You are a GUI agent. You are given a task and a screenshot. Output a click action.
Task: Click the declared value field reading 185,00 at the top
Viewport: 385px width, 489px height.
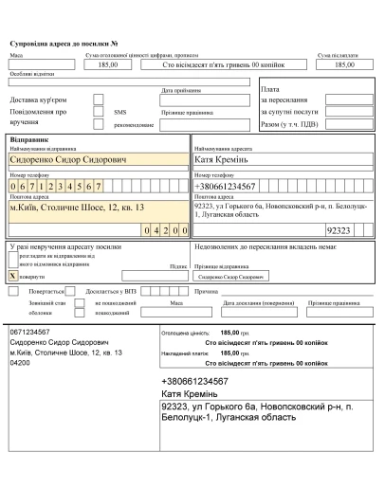(x=107, y=64)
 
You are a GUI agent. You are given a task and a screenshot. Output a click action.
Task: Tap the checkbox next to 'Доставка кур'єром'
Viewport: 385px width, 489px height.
(x=99, y=98)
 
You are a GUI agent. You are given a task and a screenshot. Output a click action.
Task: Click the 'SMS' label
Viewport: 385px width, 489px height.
(x=119, y=111)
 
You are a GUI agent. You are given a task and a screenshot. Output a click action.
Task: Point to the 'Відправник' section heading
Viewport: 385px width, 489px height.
(x=27, y=139)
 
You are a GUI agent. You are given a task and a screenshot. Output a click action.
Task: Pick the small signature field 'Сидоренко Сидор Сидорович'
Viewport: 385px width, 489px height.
(x=229, y=277)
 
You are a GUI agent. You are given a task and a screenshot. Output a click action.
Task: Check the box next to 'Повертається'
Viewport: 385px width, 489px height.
(x=12, y=292)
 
